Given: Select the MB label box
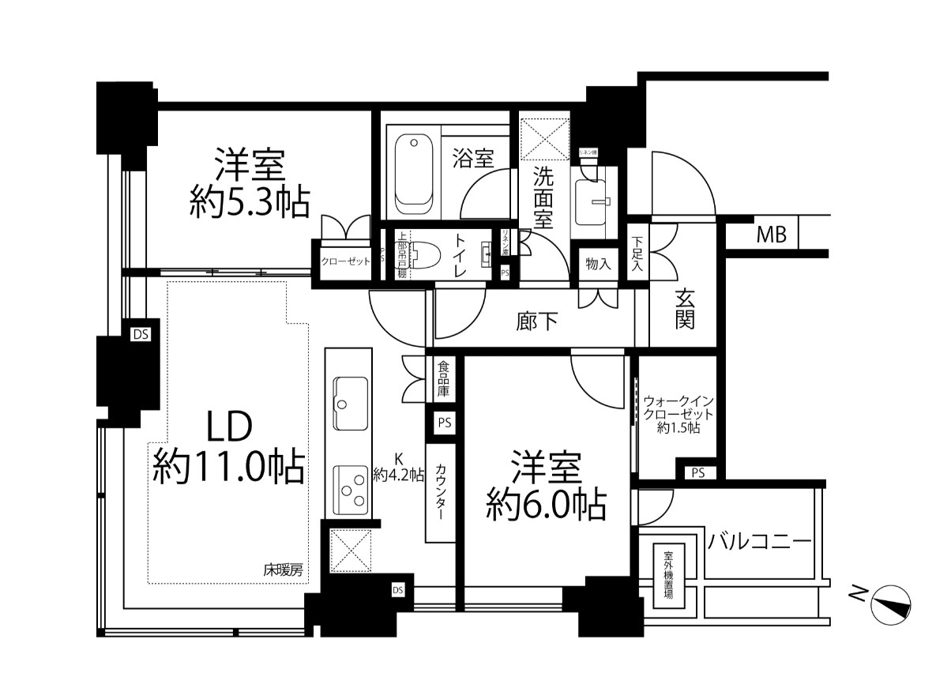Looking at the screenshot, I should point(771,235).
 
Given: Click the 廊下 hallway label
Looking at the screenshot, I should point(537,322).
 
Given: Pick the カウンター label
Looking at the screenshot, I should point(441,490).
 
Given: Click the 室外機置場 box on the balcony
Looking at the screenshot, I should point(668,574).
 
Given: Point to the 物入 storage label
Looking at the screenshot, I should point(598,264).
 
